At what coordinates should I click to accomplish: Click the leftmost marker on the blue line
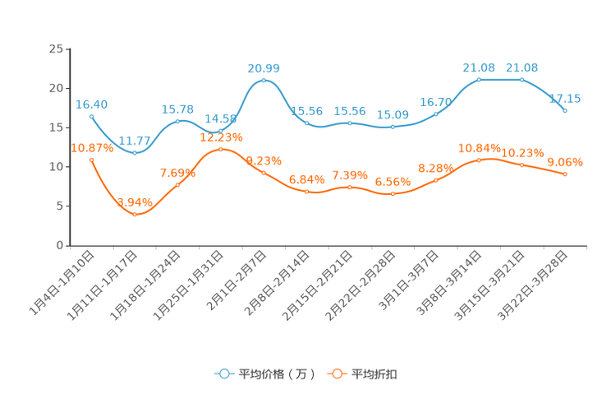(x=91, y=117)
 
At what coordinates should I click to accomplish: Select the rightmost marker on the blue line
(x=565, y=110)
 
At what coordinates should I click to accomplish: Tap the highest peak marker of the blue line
(x=264, y=80)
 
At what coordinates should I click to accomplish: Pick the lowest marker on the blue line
(x=135, y=153)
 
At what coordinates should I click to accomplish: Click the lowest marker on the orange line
(x=135, y=215)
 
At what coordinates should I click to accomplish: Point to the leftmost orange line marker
(x=91, y=159)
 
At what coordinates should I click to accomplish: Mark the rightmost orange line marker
(x=565, y=174)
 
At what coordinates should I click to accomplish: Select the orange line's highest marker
(x=220, y=149)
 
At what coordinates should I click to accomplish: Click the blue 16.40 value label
(x=91, y=104)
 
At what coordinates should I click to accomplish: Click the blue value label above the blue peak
(x=264, y=67)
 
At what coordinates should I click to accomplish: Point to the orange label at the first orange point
(x=91, y=147)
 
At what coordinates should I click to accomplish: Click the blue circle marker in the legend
(x=224, y=373)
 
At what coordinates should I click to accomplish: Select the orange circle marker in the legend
(x=337, y=373)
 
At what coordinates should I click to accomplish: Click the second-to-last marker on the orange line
(x=522, y=165)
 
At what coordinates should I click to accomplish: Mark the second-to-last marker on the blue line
(x=522, y=79)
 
